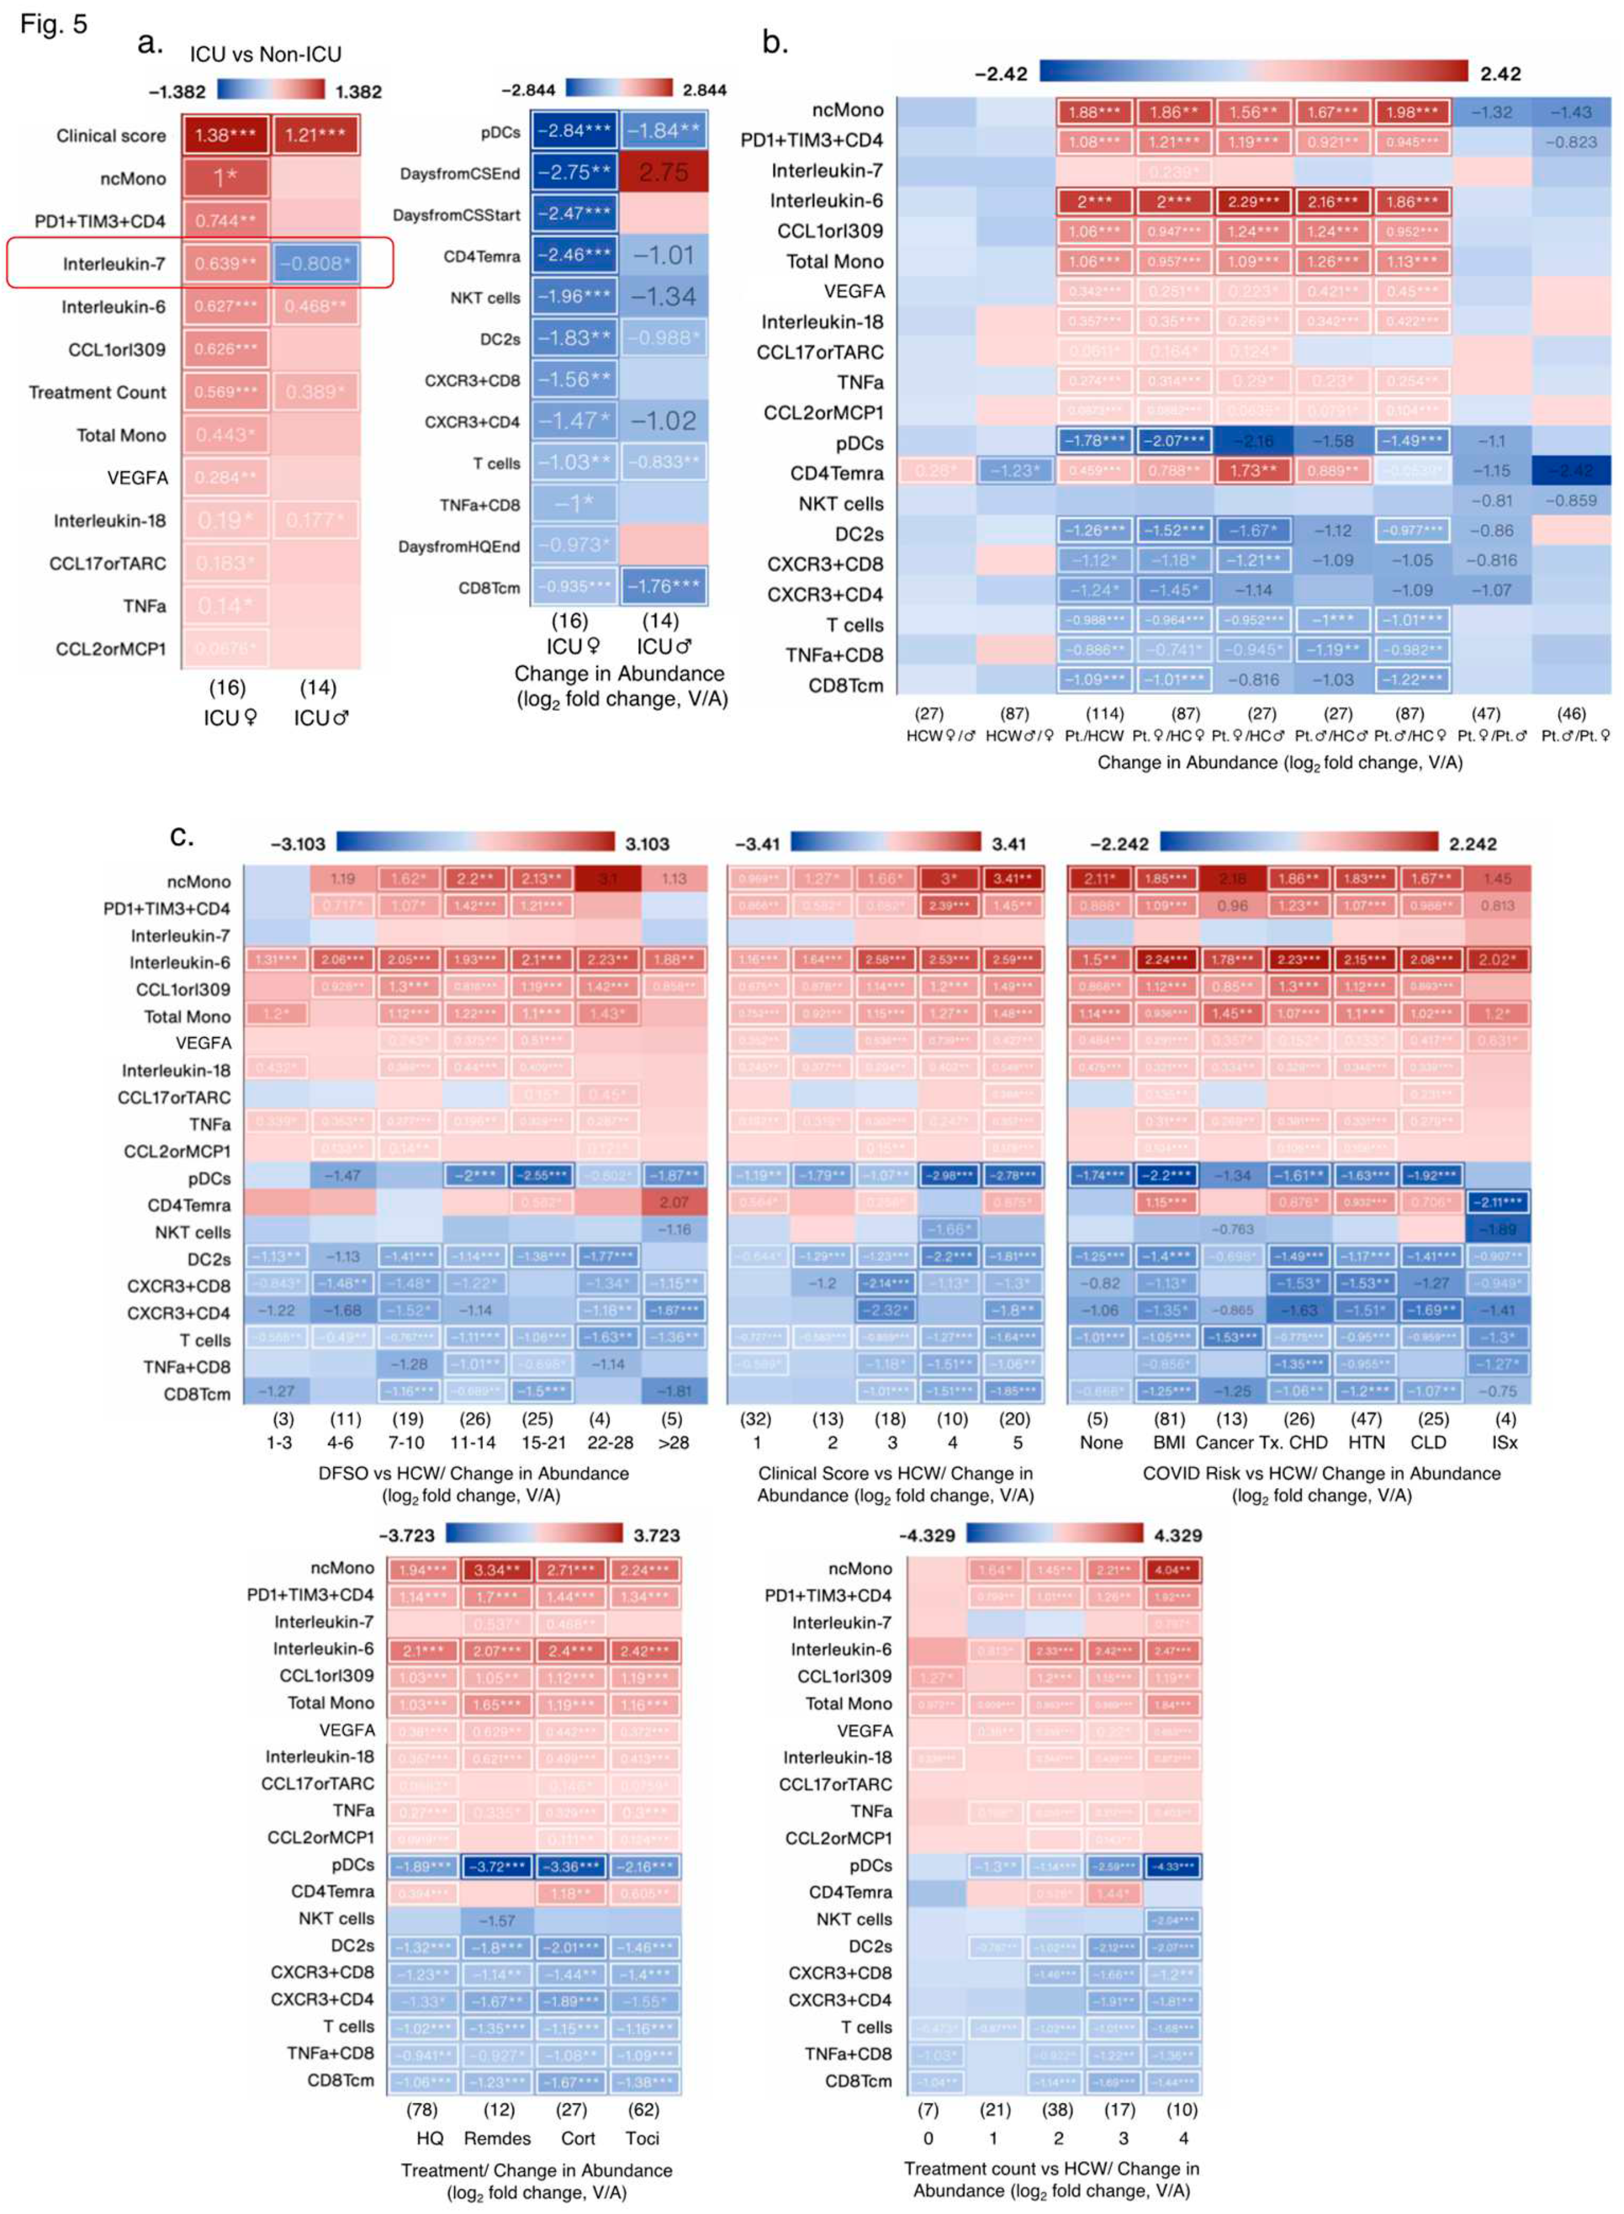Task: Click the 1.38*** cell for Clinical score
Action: pyautogui.click(x=225, y=135)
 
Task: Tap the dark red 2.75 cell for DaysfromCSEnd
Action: pyautogui.click(x=663, y=172)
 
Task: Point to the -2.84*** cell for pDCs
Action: pyautogui.click(x=574, y=131)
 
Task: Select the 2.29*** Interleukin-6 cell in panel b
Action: pyautogui.click(x=1251, y=201)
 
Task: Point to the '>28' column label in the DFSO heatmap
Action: pyautogui.click(x=673, y=1442)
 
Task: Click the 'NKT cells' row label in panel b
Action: pyautogui.click(x=841, y=503)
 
